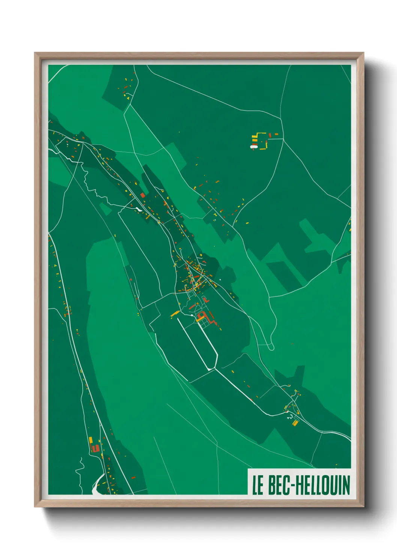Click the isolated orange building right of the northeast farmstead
pyautogui.click(x=277, y=134)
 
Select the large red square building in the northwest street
pyautogui.click(x=143, y=195)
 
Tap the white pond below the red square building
pyautogui.click(x=139, y=209)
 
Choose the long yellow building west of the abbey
pyautogui.click(x=175, y=313)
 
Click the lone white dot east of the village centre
pyautogui.click(x=220, y=280)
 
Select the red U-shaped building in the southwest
pyautogui.click(x=95, y=448)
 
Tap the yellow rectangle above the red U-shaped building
pyautogui.click(x=90, y=440)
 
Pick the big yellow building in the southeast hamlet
pyautogui.click(x=295, y=423)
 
